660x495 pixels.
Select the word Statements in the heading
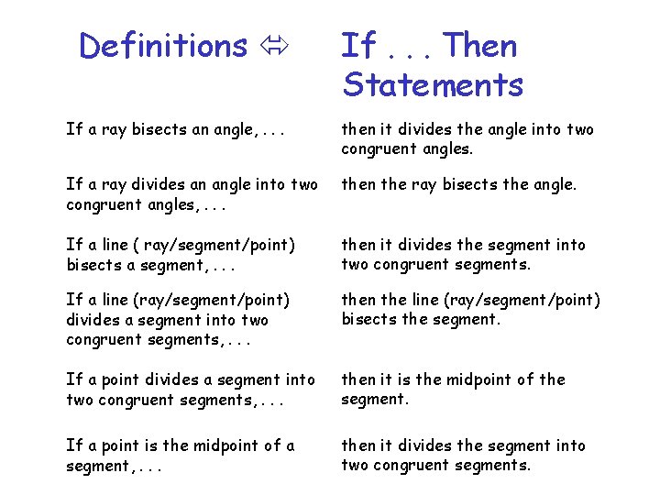pyautogui.click(x=433, y=84)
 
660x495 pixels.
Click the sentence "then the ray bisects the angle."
pyautogui.click(x=459, y=184)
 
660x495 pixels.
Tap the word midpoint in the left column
pyautogui.click(x=221, y=445)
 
